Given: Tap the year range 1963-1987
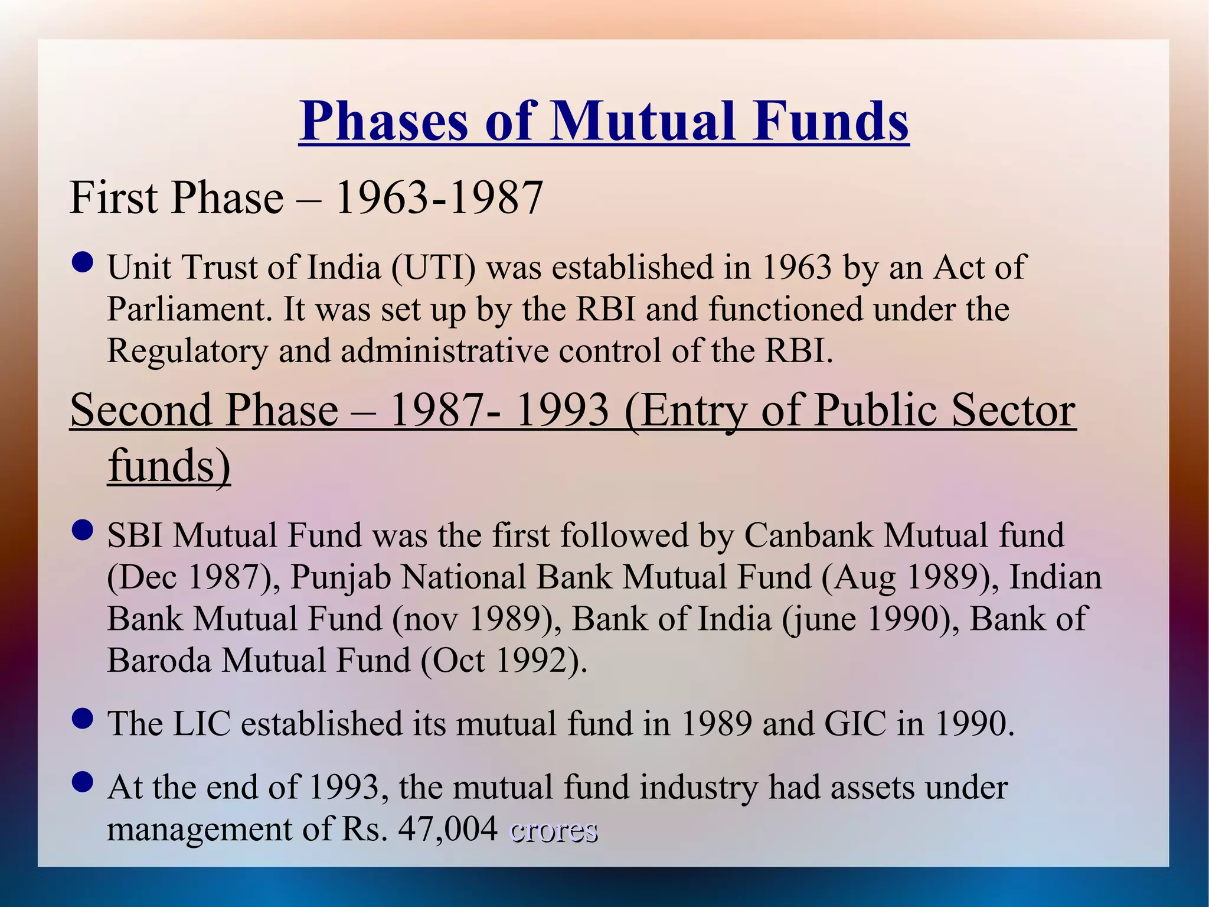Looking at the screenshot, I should tap(439, 197).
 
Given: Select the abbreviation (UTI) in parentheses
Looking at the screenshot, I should tap(433, 267).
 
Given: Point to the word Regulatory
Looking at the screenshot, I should tap(187, 351).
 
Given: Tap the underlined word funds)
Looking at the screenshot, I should tap(169, 466).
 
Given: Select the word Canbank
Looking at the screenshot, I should tap(808, 535).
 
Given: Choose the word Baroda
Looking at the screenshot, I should tap(159, 661).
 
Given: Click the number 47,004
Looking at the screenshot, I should tap(448, 829).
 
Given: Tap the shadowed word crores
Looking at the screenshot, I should tap(553, 831).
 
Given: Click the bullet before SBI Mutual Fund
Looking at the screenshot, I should tap(82, 530).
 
